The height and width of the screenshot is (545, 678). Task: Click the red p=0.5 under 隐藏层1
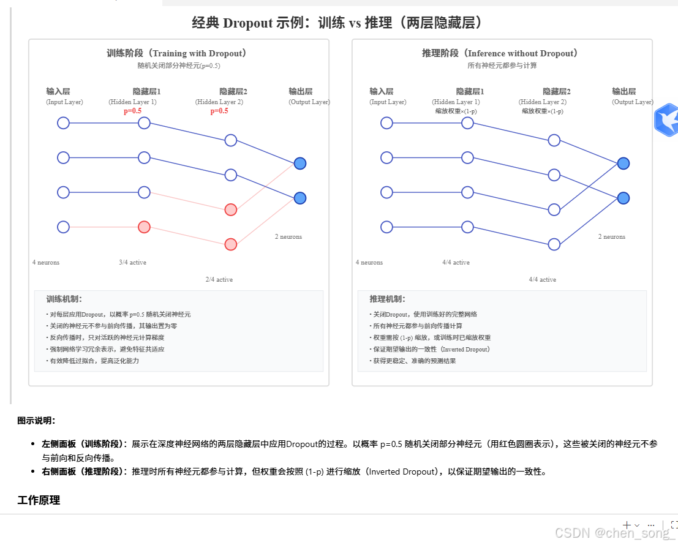tap(132, 111)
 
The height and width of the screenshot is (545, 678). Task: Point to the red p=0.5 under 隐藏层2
tap(219, 111)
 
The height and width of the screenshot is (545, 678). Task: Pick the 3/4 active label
tap(133, 262)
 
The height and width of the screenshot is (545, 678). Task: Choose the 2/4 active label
tap(219, 279)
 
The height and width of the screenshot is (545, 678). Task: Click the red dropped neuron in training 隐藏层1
tap(144, 227)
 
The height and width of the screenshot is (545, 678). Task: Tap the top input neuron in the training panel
tap(63, 123)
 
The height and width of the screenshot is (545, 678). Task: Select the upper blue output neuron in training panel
tap(299, 163)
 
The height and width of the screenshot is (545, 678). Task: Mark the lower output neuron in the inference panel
tap(623, 198)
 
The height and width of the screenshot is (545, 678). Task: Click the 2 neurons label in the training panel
tap(288, 236)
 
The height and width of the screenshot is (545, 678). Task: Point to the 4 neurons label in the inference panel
tap(369, 262)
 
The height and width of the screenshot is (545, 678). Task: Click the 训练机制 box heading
tap(64, 299)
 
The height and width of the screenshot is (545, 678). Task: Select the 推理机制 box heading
tap(388, 299)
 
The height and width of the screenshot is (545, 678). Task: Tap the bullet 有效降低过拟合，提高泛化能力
tap(94, 361)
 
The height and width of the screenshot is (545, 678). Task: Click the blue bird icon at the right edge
tap(666, 120)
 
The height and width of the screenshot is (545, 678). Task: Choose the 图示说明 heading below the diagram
tap(37, 421)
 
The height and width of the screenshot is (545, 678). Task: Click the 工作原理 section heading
tap(39, 500)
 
